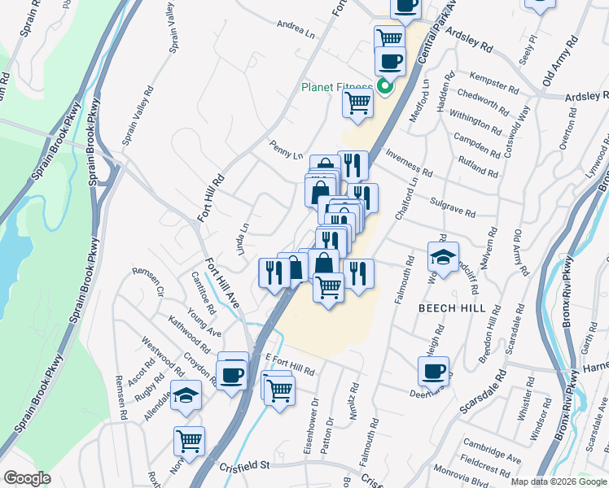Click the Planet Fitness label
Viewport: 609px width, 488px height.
tap(336, 87)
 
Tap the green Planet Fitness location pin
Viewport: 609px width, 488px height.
tap(385, 85)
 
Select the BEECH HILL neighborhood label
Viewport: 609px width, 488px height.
tap(451, 309)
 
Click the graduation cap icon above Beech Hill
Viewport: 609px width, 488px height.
tap(443, 258)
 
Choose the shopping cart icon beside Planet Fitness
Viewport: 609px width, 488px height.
tap(357, 103)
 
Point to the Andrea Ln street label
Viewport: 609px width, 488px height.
tap(296, 29)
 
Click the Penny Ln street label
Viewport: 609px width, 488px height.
tap(287, 150)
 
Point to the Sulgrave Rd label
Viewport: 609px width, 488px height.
tap(453, 207)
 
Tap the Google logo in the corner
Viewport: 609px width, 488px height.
tap(28, 478)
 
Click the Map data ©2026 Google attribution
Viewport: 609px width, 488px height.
tap(559, 481)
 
